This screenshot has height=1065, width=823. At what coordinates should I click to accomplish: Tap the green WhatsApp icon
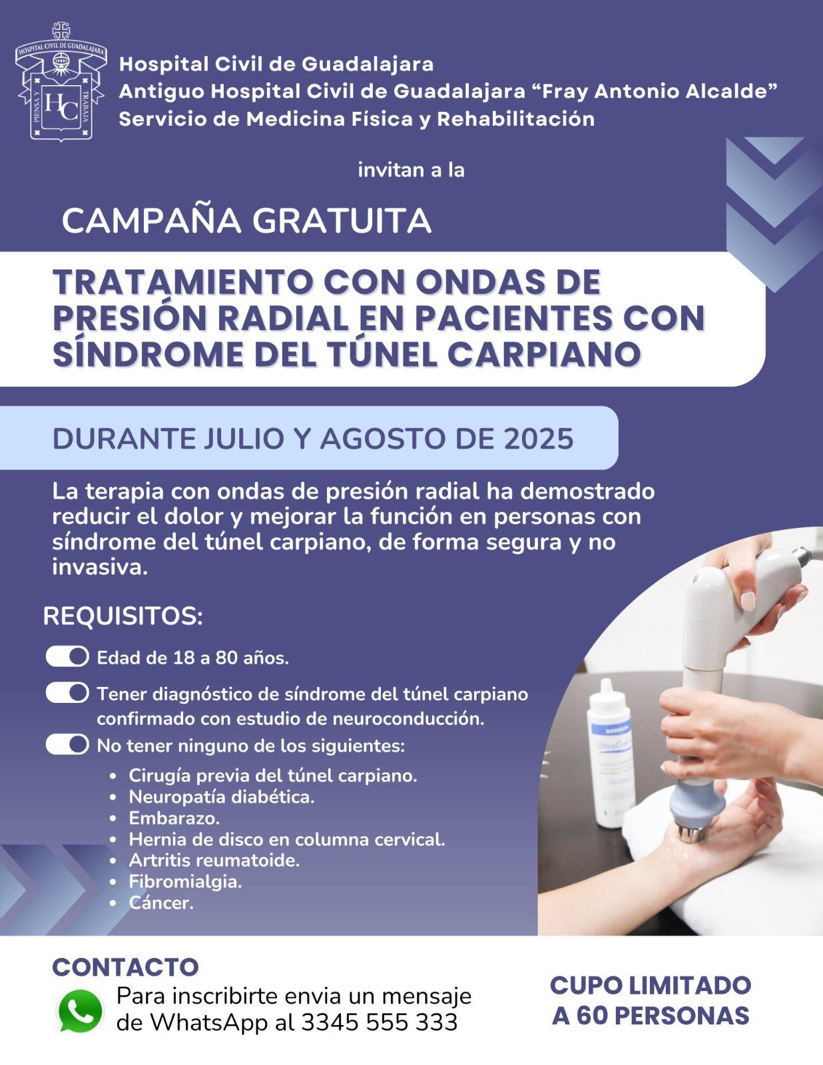pyautogui.click(x=80, y=1011)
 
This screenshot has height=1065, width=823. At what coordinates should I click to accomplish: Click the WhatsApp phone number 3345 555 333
pyautogui.click(x=379, y=1023)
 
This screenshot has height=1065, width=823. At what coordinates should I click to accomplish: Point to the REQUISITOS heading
pyautogui.click(x=123, y=616)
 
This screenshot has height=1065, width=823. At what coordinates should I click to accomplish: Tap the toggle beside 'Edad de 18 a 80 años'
pyautogui.click(x=67, y=656)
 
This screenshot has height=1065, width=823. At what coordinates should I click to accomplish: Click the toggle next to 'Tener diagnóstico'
pyautogui.click(x=67, y=693)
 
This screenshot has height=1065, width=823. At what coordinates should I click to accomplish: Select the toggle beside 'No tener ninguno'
pyautogui.click(x=67, y=744)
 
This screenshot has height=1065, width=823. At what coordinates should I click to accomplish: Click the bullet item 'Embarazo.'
pyautogui.click(x=174, y=819)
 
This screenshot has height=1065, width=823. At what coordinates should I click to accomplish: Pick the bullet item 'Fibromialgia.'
pyautogui.click(x=185, y=882)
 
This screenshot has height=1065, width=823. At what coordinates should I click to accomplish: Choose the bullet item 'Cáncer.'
pyautogui.click(x=161, y=903)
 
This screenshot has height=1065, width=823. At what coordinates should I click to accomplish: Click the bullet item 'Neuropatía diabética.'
pyautogui.click(x=222, y=797)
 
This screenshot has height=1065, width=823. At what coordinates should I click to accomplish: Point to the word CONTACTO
pyautogui.click(x=125, y=967)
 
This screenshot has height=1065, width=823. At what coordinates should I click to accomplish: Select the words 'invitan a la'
pyautogui.click(x=411, y=170)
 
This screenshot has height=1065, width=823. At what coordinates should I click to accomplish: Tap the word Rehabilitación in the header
pyautogui.click(x=515, y=119)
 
